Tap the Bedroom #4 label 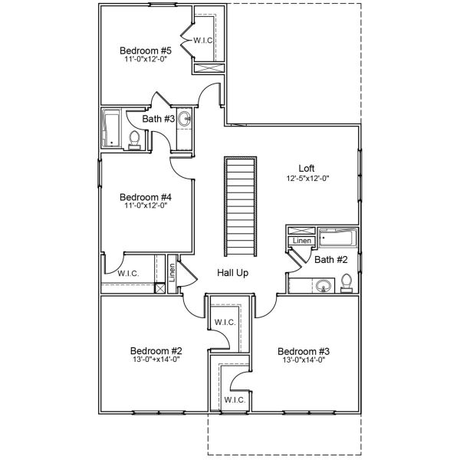point(145,196)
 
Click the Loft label point(307,168)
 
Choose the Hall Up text point(232,273)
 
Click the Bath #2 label point(331,260)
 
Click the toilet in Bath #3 point(135,140)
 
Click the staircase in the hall point(240,207)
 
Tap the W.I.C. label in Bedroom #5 point(203,40)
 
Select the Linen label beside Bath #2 point(299,242)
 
